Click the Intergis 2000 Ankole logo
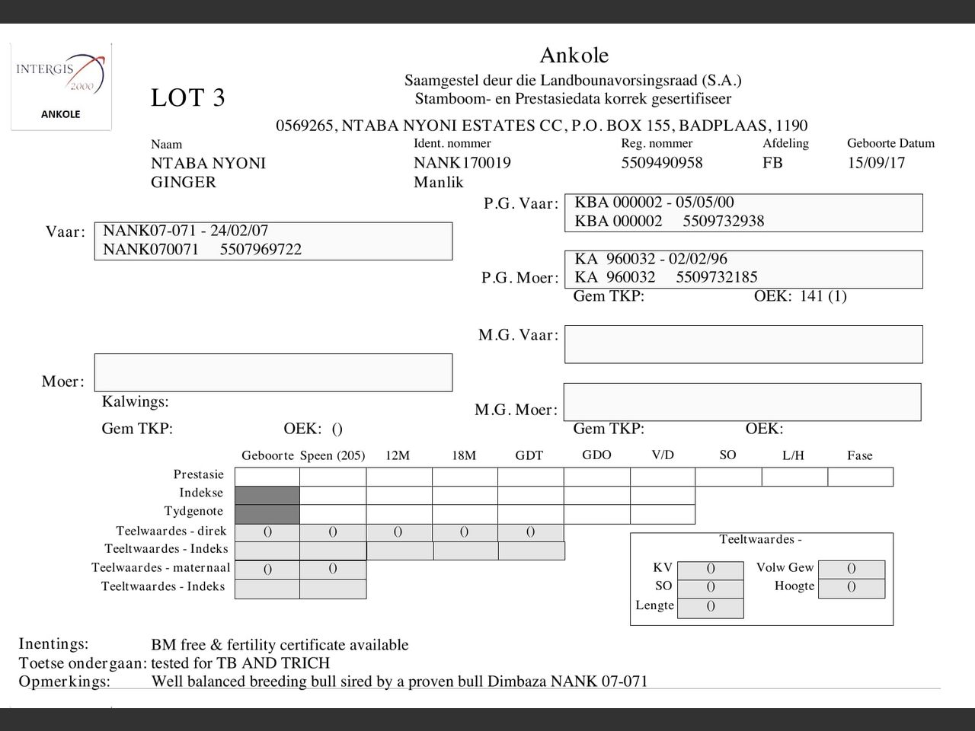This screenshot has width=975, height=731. coord(60,86)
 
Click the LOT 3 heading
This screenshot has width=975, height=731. coord(187,98)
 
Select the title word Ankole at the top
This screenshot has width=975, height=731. coord(574,56)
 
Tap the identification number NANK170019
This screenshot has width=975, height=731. coord(462,163)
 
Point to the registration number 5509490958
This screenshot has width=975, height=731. coord(661,163)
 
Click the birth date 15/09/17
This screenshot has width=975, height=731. coord(876,163)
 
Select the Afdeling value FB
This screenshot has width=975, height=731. coord(772,163)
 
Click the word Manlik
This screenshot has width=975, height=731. coord(438,182)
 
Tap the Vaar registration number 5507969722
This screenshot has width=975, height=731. coord(261,250)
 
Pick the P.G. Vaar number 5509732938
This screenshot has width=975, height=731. coord(723,222)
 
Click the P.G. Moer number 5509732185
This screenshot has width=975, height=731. coord(716,277)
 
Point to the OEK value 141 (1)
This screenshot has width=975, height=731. coord(823,296)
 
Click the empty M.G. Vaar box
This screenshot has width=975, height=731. coord(743,344)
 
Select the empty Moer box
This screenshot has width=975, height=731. coord(273,372)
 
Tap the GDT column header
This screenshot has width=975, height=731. coord(529,455)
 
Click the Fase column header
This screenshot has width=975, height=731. coord(859,455)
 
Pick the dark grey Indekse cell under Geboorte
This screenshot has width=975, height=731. coord(267,495)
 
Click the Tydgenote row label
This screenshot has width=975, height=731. coord(193,511)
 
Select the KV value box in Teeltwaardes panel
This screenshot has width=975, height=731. coord(710,569)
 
